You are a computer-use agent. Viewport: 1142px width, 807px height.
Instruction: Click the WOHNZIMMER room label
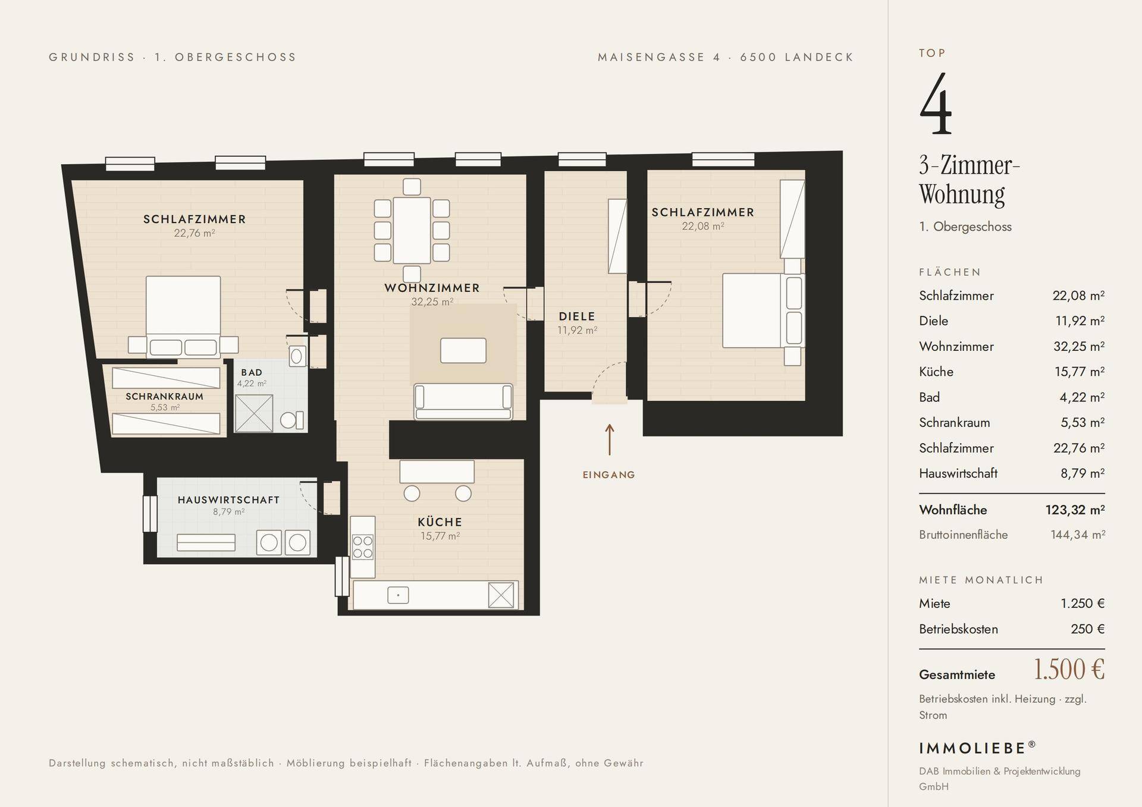pos(432,288)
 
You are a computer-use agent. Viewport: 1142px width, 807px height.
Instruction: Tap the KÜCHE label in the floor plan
pos(440,522)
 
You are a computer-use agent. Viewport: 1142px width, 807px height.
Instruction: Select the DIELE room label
pos(577,316)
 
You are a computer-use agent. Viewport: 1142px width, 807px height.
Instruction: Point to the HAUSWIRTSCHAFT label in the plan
pos(228,500)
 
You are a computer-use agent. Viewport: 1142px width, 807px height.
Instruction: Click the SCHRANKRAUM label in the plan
pos(164,397)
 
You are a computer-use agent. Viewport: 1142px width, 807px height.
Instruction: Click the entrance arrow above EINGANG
pos(609,440)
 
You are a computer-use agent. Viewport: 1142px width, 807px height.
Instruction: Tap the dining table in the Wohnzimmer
pos(412,230)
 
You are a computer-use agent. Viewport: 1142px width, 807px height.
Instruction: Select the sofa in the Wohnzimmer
pos(463,402)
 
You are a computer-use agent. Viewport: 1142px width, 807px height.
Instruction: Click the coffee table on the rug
pos(463,350)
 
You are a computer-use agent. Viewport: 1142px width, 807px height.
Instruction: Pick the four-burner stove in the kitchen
pos(363,547)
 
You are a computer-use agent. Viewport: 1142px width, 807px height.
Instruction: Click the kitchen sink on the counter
pos(398,595)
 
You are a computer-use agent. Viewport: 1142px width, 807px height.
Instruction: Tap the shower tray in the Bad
pos(254,413)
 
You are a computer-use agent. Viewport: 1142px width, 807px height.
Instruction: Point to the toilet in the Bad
pos(291,420)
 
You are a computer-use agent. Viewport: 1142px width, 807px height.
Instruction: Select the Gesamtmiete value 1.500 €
pos(1069,670)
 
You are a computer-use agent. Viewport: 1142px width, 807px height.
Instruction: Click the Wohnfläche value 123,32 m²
pos(1075,510)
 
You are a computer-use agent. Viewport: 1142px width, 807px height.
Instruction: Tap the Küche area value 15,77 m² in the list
pos(1079,372)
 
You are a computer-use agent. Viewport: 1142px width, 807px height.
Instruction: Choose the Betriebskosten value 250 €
pos(1088,629)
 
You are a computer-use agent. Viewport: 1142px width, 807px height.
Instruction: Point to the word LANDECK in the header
pos(819,57)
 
